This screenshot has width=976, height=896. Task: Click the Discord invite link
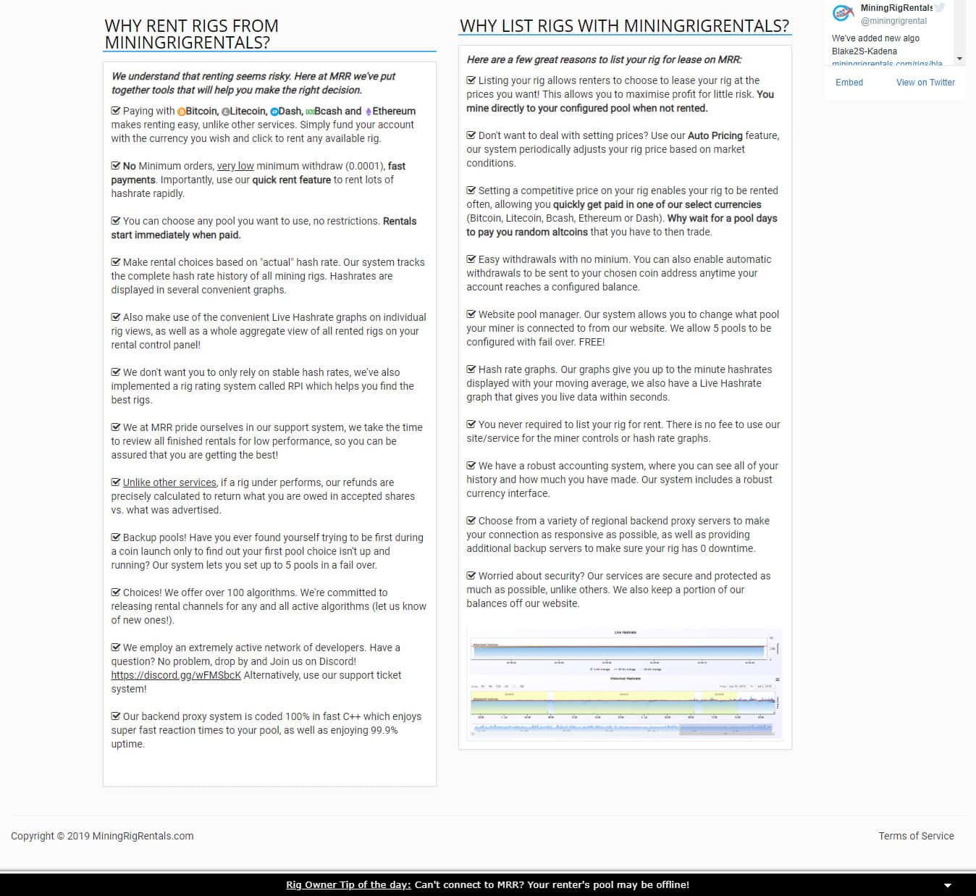pos(176,675)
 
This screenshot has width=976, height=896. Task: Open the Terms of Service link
pos(916,836)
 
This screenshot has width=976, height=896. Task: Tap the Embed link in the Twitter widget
pos(849,83)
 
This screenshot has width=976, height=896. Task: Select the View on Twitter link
pos(925,83)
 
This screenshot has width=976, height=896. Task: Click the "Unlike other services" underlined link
pos(169,482)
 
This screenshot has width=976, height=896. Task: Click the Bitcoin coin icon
pos(181,112)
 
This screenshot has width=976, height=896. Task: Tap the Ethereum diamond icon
pos(368,112)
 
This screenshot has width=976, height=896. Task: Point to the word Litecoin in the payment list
pos(248,111)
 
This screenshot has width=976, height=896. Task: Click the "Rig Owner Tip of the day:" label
pos(348,884)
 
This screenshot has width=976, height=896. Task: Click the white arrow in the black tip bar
pos(947,885)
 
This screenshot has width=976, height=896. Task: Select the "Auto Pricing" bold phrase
pos(715,135)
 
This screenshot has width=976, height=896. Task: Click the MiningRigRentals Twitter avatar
pos(843,13)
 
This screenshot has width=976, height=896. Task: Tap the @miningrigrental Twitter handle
pos(893,21)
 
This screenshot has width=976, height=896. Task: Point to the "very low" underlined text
pos(235,166)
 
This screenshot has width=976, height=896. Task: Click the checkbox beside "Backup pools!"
pos(116,537)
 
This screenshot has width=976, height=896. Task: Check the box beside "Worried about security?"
pos(471,576)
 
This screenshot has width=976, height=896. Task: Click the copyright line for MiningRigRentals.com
pos(102,836)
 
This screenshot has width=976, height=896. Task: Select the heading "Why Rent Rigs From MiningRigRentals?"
pos(192,34)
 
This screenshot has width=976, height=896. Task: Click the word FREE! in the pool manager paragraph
pos(592,342)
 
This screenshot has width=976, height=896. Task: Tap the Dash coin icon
pos(274,112)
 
